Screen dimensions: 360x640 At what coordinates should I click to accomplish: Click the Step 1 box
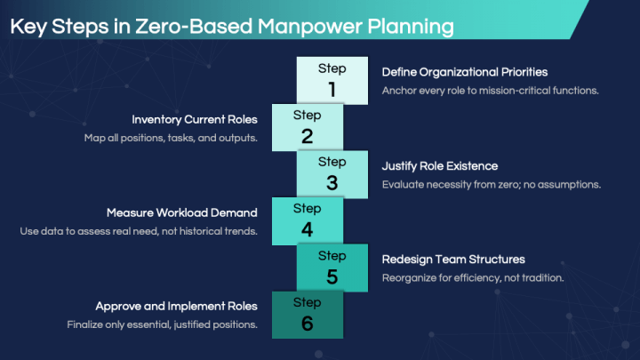pyautogui.click(x=332, y=80)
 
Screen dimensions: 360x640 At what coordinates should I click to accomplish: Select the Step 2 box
pyautogui.click(x=307, y=127)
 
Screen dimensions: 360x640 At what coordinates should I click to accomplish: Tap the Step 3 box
pyautogui.click(x=332, y=173)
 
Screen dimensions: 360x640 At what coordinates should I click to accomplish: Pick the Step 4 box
pyautogui.click(x=307, y=220)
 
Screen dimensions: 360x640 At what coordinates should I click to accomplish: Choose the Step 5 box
pyautogui.click(x=332, y=268)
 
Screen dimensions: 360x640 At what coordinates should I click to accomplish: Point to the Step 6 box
pyautogui.click(x=307, y=315)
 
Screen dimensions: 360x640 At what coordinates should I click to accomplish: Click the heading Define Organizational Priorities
pyautogui.click(x=465, y=71)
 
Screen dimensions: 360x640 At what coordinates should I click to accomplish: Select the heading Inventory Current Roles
pyautogui.click(x=195, y=119)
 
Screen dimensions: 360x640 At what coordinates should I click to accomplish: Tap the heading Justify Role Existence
pyautogui.click(x=439, y=165)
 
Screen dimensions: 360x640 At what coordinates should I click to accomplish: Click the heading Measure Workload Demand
pyautogui.click(x=182, y=212)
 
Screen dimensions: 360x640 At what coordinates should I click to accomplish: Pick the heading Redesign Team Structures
pyautogui.click(x=453, y=260)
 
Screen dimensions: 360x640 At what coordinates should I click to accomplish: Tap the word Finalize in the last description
pyautogui.click(x=86, y=324)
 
